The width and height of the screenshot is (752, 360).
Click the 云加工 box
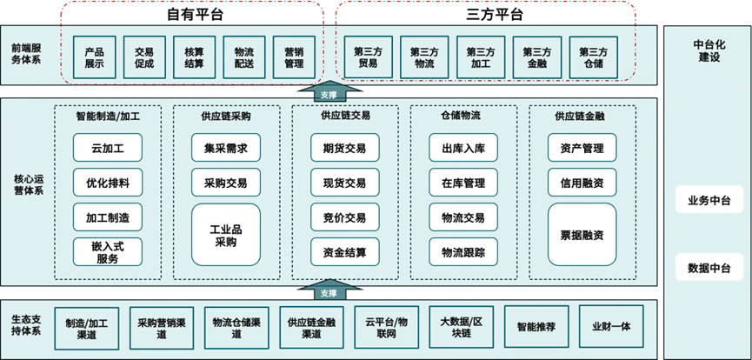point(107,148)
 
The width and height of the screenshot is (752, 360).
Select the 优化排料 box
point(107,183)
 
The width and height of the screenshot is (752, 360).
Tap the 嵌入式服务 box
point(107,251)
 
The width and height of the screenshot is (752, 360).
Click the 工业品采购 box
point(225,235)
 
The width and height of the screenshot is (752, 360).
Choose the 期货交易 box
point(344,148)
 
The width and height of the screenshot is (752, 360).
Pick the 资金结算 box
point(344,252)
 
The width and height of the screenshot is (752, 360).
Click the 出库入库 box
point(463,148)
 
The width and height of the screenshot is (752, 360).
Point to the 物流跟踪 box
point(463,252)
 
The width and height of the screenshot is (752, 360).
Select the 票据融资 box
point(582,235)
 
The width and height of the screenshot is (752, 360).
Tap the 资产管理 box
point(582,148)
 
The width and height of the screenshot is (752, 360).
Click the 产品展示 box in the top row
point(94,57)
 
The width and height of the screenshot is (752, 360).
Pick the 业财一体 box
point(610,327)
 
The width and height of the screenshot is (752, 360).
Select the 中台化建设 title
point(706,50)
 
